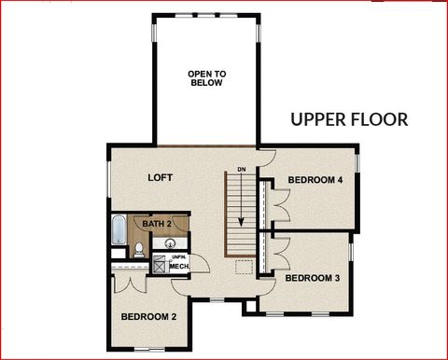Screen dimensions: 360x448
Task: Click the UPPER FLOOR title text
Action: click(x=348, y=119)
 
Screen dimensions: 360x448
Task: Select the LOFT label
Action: click(x=161, y=177)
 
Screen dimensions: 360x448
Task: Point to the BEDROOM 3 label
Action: click(x=311, y=278)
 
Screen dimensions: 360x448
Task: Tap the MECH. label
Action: click(x=179, y=267)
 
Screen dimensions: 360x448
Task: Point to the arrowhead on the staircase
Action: click(x=241, y=222)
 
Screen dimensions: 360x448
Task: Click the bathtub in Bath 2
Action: click(x=119, y=230)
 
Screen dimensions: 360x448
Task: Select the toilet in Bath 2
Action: click(x=138, y=249)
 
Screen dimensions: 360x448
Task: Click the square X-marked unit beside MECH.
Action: click(x=160, y=267)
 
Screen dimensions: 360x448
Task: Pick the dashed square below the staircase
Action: click(x=244, y=268)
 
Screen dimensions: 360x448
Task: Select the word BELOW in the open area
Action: click(x=206, y=83)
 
